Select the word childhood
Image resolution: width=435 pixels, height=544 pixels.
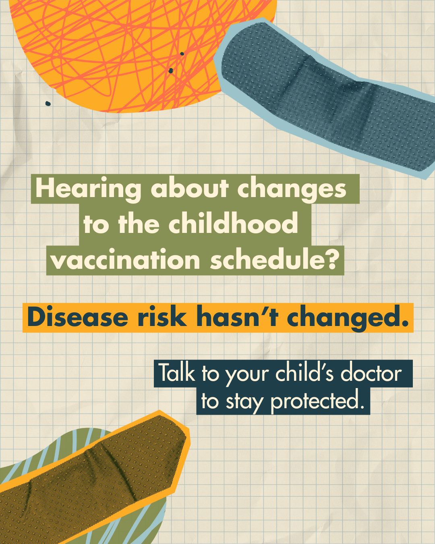(233, 224)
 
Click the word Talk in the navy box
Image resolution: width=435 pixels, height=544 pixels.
(177, 373)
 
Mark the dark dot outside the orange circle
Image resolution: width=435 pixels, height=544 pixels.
(48, 104)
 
